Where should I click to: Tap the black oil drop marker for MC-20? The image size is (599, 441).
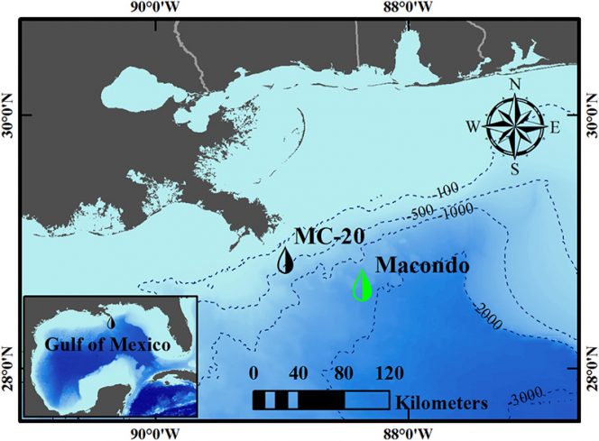click(x=286, y=261)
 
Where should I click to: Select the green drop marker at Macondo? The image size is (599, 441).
click(x=361, y=286)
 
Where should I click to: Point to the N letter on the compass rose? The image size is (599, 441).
click(x=515, y=86)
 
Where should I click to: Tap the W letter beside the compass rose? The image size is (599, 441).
click(x=472, y=127)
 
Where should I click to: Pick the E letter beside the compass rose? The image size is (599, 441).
click(x=555, y=127)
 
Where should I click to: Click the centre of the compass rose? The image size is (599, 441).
click(x=514, y=126)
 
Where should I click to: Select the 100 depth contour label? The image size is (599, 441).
click(x=444, y=192)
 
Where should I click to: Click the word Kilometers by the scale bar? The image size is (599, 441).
click(x=441, y=400)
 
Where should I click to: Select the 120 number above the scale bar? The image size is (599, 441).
click(x=390, y=372)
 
